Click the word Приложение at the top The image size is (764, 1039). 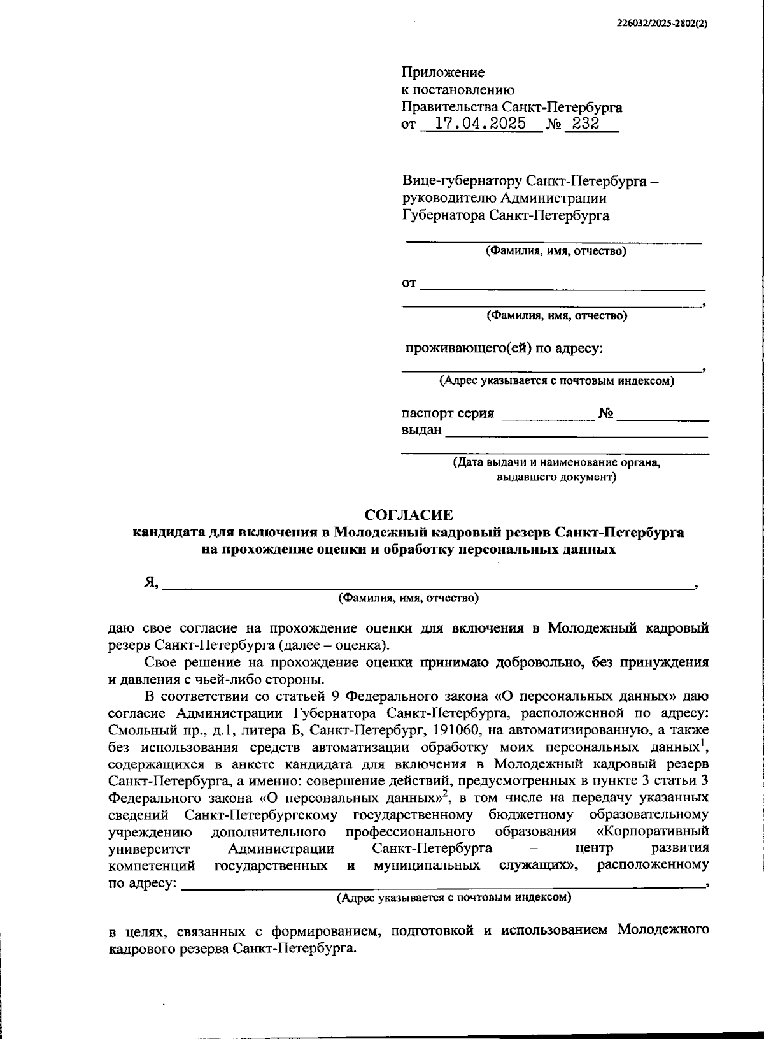tap(442, 73)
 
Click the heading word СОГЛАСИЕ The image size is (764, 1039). tap(408, 514)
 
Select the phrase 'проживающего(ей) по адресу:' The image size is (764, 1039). tap(505, 348)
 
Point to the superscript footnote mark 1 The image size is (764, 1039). tap(706, 740)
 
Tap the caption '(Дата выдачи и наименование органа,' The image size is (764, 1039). tap(556, 463)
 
